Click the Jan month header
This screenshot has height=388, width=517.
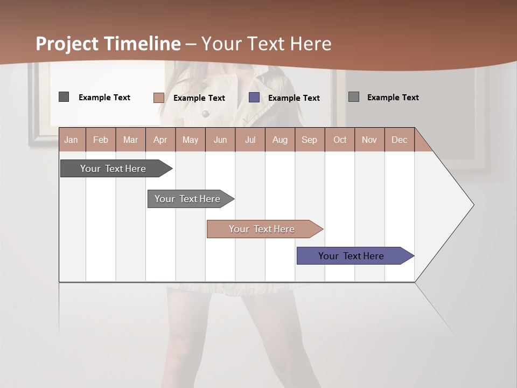point(71,140)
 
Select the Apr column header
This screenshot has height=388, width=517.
point(160,140)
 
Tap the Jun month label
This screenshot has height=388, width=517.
point(220,140)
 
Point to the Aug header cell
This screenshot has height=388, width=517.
point(280,140)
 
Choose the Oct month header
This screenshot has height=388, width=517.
point(340,140)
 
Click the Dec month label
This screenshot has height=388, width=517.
point(399,140)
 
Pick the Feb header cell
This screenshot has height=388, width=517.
point(101,140)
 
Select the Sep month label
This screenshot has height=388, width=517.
point(309,140)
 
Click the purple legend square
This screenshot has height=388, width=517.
point(254,98)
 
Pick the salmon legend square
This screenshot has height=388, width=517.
point(158,98)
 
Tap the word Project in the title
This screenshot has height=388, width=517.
point(67,44)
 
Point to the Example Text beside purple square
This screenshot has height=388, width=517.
point(294,98)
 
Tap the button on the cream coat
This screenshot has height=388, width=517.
point(205,113)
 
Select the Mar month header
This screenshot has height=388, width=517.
point(130,140)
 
